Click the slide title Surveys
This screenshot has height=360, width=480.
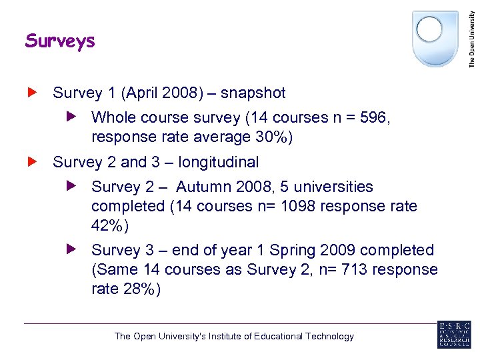coord(60,41)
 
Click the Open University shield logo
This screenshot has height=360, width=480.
coord(435,37)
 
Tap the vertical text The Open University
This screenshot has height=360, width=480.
coord(472,35)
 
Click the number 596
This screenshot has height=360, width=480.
coord(372,118)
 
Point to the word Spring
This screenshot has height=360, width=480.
coord(292,251)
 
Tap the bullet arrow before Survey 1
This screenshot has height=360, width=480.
coord(31,92)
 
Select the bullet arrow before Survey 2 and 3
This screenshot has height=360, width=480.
coord(31,161)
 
